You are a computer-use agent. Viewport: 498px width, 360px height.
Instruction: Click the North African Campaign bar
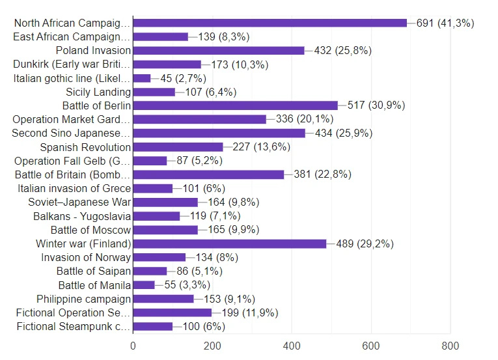[270, 23]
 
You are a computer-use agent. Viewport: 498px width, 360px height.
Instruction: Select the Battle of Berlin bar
[235, 105]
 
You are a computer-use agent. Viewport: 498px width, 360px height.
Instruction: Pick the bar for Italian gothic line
[142, 78]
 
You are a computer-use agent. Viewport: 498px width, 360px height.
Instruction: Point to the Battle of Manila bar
[144, 285]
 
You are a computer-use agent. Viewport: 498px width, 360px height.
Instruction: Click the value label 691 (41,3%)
[445, 23]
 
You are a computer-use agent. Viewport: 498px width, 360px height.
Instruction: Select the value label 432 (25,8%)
[341, 51]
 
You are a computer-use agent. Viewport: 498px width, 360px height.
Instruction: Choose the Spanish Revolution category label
[85, 147]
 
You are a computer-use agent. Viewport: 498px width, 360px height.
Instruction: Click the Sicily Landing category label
[98, 92]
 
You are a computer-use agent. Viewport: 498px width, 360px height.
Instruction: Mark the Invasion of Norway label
[86, 257]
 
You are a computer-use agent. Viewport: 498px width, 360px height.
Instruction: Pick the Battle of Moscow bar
[165, 230]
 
